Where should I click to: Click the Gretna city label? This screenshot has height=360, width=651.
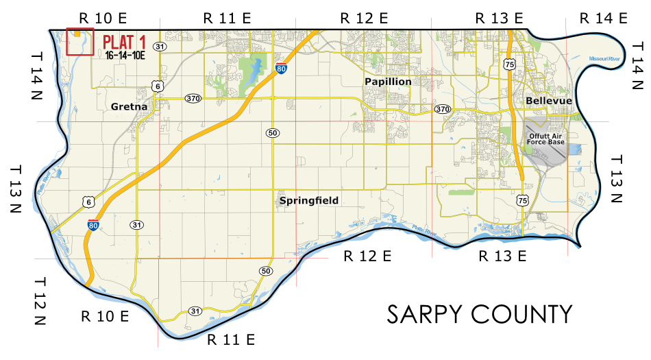130,106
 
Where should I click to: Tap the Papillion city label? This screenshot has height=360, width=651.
388,82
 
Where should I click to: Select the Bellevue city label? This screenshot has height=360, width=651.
549,101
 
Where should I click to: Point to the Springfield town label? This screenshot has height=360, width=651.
309,201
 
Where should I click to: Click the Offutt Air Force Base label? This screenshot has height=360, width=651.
546,139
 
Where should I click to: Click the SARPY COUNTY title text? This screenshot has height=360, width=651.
479,314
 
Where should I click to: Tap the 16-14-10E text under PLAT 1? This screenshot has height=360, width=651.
125,56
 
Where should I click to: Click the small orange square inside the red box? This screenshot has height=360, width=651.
77,32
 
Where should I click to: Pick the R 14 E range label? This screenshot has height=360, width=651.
603,18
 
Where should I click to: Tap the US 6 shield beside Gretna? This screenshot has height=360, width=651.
158,86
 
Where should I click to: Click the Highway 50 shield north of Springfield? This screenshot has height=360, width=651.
273,132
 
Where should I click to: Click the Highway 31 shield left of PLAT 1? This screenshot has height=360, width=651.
160,47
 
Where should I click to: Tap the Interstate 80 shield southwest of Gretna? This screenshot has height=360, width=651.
93,224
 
